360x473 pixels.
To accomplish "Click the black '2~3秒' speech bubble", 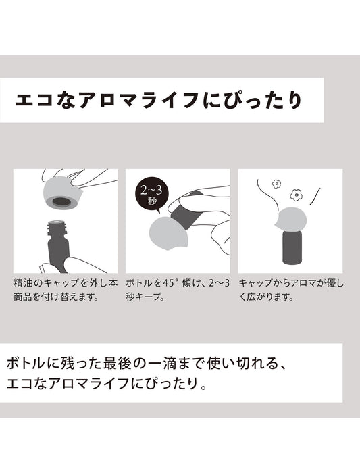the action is (151, 194).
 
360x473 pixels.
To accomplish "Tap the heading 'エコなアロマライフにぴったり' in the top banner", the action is (158, 101).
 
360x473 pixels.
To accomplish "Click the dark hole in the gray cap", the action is (61, 201).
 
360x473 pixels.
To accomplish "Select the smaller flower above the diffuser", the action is (276, 184).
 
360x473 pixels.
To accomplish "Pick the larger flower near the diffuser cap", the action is (296, 195).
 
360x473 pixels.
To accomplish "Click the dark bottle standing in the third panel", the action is (292, 247).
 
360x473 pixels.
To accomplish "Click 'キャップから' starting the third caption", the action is (267, 283).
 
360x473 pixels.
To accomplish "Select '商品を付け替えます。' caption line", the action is (56, 297).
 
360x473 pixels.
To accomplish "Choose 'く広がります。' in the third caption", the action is (266, 297).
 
